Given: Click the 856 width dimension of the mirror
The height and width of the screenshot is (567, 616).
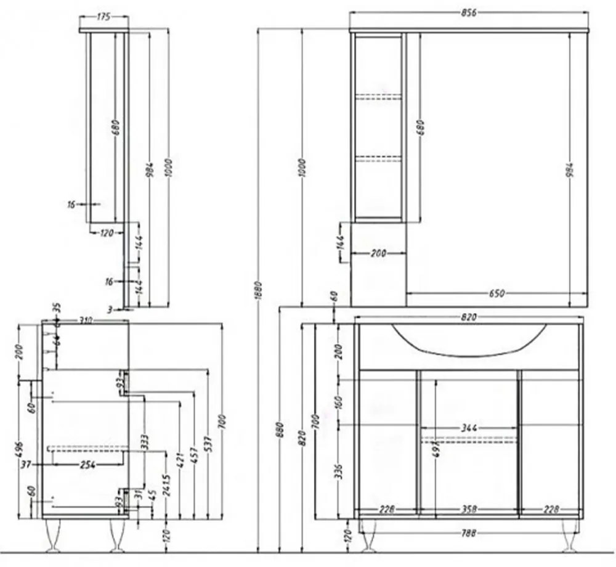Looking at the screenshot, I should pyautogui.click(x=469, y=13).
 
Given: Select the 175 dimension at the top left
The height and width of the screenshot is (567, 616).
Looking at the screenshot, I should pyautogui.click(x=103, y=17).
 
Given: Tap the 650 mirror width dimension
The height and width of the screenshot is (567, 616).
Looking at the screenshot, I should pyautogui.click(x=496, y=293).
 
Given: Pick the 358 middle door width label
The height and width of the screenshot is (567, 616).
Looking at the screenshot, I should pyautogui.click(x=469, y=509).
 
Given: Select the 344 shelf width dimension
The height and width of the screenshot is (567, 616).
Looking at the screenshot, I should pyautogui.click(x=469, y=428).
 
